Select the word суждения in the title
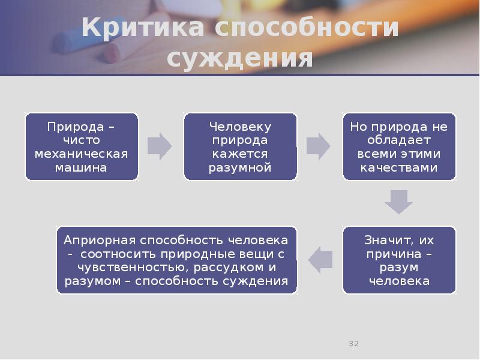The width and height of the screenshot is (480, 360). tap(239, 58)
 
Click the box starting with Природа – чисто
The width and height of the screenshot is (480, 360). tap(82, 147)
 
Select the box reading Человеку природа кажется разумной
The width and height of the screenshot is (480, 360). tap(240, 147)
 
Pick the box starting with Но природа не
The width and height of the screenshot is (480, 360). tap(399, 147)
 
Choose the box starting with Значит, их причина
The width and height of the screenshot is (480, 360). tap(399, 260)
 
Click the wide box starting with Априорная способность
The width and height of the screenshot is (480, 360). tap(176, 260)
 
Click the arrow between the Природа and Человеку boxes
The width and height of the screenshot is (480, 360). tap(160, 147)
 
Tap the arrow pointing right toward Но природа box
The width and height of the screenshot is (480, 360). tap(318, 147)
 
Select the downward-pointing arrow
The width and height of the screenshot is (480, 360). tap(399, 202)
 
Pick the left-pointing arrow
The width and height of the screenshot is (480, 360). tap(320, 259)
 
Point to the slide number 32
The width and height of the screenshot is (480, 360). tap(353, 344)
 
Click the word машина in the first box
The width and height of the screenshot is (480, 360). tap(82, 167)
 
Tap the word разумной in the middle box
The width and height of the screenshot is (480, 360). tap(240, 167)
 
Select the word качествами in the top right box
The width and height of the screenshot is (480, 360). tap(399, 167)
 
